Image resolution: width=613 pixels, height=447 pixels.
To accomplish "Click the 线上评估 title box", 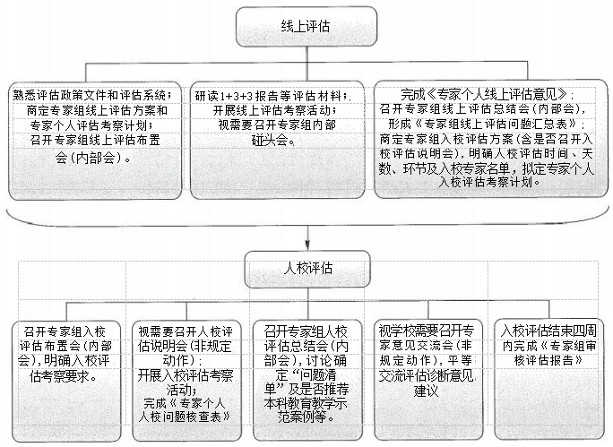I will pos(306,27).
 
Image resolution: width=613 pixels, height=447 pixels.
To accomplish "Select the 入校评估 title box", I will pos(306,268).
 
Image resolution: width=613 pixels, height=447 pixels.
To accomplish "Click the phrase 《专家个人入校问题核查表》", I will pos(185,410).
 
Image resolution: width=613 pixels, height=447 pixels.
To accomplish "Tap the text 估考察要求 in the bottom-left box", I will pos(65,376).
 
